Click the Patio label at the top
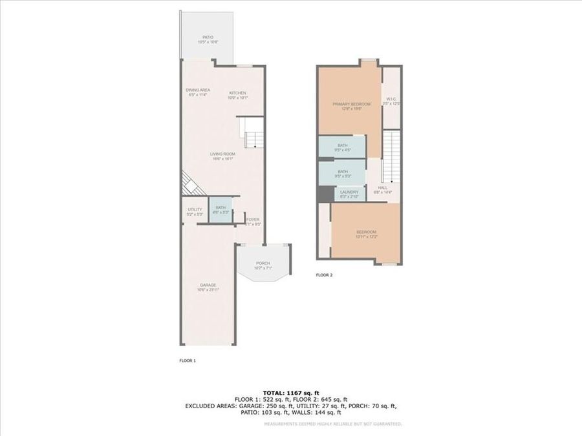[x=208, y=39]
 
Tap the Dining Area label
[x=198, y=92]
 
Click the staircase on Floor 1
[x=252, y=132]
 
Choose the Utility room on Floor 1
[x=195, y=211]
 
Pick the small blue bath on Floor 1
[x=221, y=210]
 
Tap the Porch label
[x=263, y=265]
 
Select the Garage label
[x=208, y=287]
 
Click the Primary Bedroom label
[x=351, y=106]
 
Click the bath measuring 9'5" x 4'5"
[x=342, y=147]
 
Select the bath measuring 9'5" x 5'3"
[x=342, y=173]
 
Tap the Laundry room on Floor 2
[x=349, y=193]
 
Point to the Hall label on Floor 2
[x=382, y=190]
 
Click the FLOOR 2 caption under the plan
[x=324, y=275]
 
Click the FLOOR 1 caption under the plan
[x=187, y=360]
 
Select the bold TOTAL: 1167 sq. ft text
[x=290, y=393]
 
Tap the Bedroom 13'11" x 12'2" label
[x=365, y=234]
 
